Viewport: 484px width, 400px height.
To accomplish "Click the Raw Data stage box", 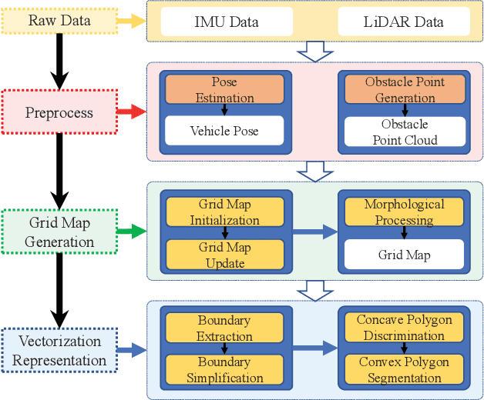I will (x=59, y=21).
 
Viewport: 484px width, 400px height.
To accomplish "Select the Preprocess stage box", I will (x=59, y=113).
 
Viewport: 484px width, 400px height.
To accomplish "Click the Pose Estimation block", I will (x=224, y=90).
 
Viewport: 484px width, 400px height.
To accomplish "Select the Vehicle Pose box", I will (x=224, y=131).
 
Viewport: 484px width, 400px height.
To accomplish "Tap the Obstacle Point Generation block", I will (x=405, y=90).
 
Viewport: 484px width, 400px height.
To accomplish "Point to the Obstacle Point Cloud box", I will (x=405, y=132).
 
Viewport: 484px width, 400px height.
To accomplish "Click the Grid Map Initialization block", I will (x=224, y=212).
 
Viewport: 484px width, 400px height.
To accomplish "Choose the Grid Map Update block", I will (x=224, y=255).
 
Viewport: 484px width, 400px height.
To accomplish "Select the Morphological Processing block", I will (x=405, y=212).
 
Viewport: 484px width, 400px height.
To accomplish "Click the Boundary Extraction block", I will (x=224, y=328).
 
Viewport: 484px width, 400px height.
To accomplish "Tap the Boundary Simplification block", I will (x=224, y=370).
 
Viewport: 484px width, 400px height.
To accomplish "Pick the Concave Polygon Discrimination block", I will (x=405, y=328).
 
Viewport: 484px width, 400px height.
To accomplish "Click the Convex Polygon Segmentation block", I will (x=405, y=370).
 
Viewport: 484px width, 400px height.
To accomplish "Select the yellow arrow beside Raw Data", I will (x=133, y=22).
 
